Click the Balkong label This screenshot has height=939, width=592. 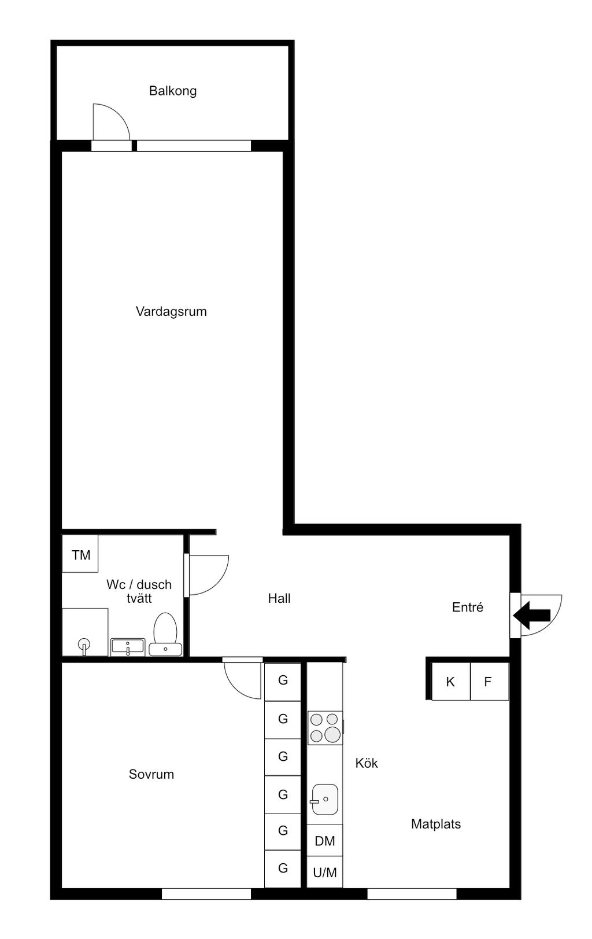coord(173,91)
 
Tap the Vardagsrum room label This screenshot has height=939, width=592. coord(171,311)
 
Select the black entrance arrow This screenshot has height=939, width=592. coord(532,615)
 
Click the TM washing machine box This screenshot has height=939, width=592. coord(80,554)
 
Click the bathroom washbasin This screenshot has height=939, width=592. coord(128,647)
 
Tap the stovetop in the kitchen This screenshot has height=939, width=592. coord(325,727)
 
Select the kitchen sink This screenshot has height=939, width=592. coord(324,799)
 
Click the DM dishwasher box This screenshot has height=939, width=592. coord(325,841)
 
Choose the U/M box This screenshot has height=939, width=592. coord(325,872)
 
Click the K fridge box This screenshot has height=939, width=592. coord(451,682)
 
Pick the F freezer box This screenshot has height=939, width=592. coord(489,682)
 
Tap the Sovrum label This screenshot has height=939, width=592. coord(151,774)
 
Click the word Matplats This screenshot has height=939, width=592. coord(436,824)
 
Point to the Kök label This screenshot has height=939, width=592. coord(367,763)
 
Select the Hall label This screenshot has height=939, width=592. coord(279,598)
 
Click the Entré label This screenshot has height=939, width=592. coord(468,607)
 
